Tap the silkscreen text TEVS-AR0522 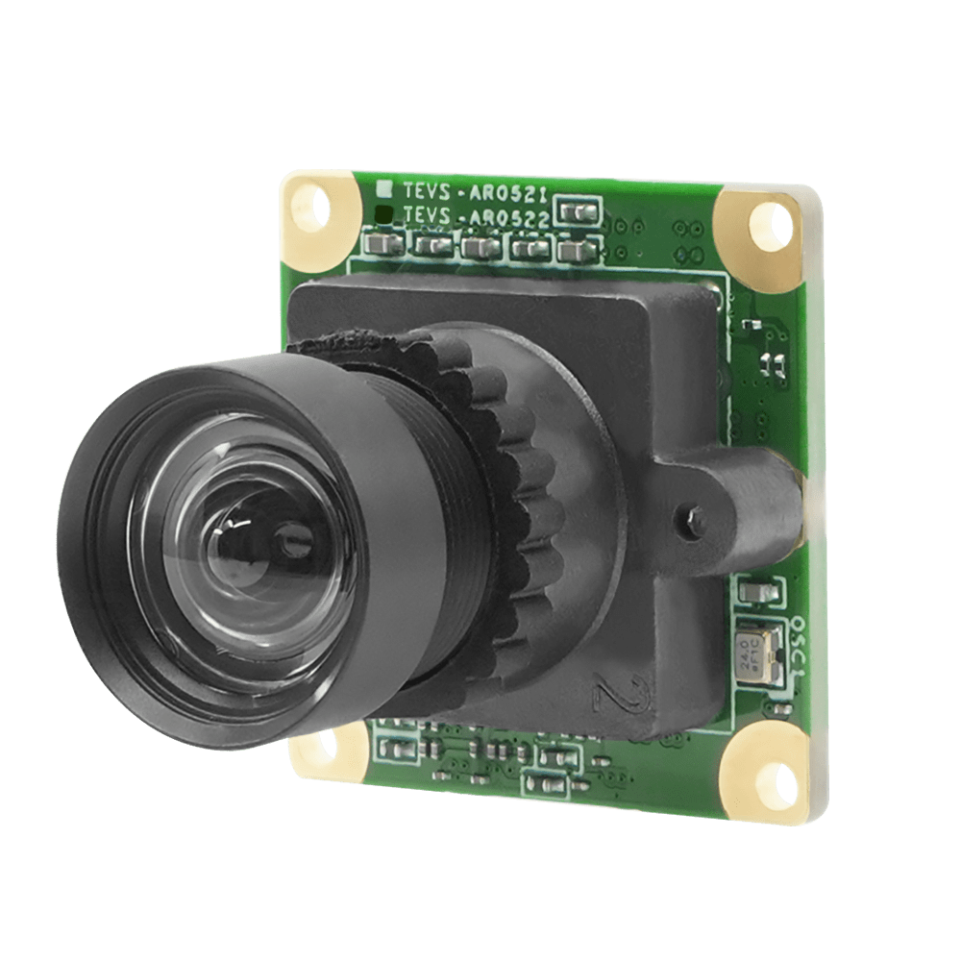pyautogui.click(x=476, y=218)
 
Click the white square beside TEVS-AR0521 pyautogui.click(x=383, y=187)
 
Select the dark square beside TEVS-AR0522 pyautogui.click(x=383, y=213)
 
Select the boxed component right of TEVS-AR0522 pyautogui.click(x=579, y=210)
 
